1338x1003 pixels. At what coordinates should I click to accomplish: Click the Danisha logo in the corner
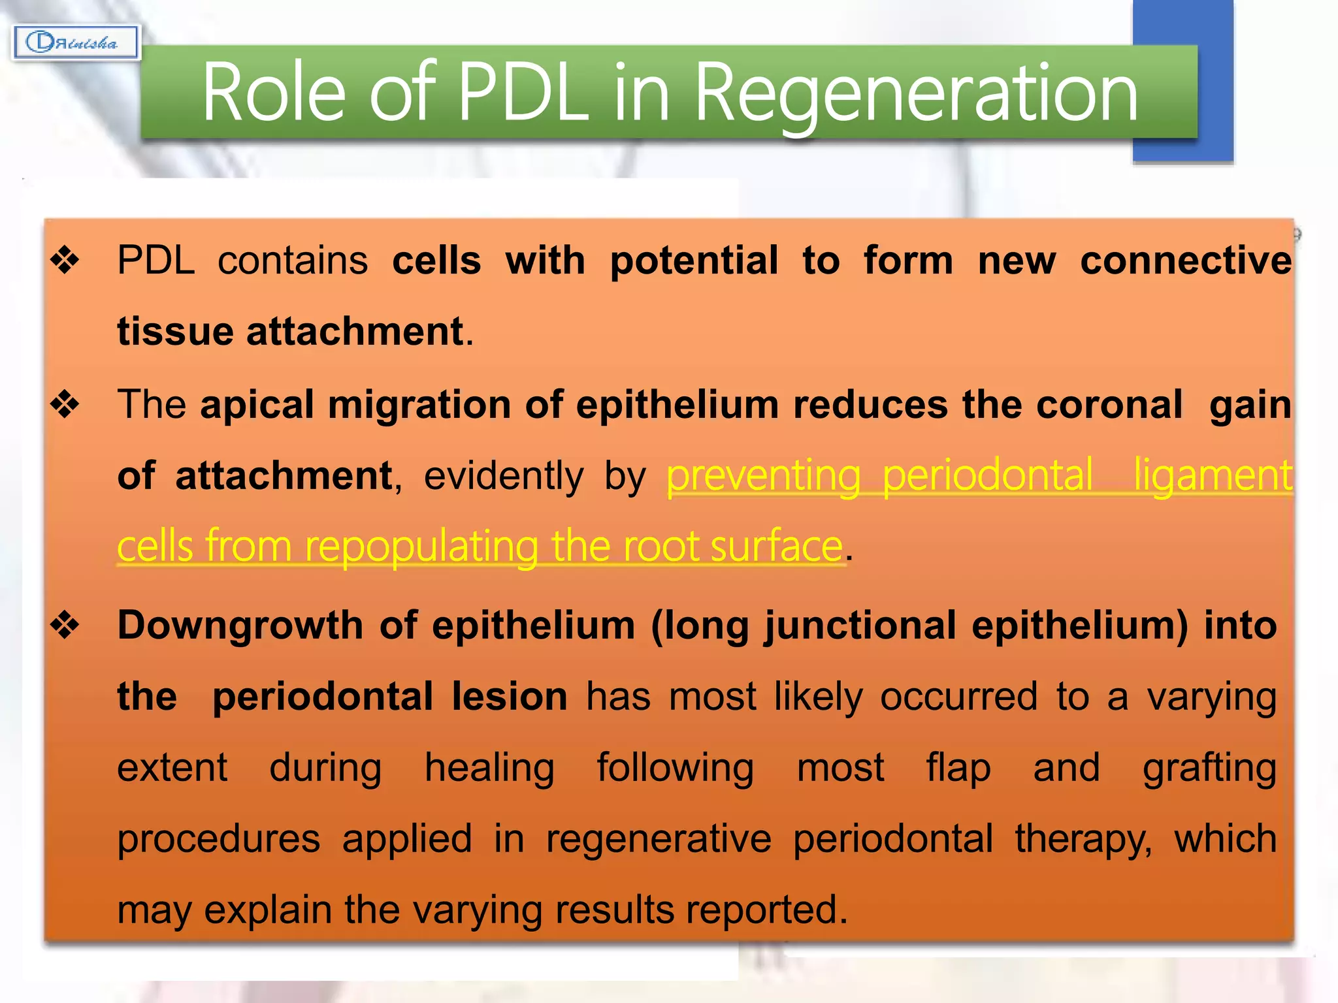coord(76,43)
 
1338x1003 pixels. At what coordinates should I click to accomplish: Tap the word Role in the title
coord(273,93)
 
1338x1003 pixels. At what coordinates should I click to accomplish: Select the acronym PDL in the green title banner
coord(523,93)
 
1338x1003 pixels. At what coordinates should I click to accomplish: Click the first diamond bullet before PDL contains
coord(65,261)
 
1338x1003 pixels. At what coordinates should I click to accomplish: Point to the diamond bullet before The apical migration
coord(65,404)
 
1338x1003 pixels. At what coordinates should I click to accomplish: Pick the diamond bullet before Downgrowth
coord(65,626)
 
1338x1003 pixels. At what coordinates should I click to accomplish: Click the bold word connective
coord(1185,261)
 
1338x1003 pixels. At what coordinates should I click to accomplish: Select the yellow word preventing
coord(762,476)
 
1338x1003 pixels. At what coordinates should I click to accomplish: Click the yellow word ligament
coord(1213,476)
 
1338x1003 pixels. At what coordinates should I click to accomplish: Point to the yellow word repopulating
coord(421,547)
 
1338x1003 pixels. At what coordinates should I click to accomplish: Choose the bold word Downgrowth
coord(240,626)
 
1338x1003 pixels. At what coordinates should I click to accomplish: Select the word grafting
coord(1209,769)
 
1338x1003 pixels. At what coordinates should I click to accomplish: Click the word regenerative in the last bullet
coord(658,839)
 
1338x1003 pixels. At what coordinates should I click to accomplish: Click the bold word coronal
coord(1109,404)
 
